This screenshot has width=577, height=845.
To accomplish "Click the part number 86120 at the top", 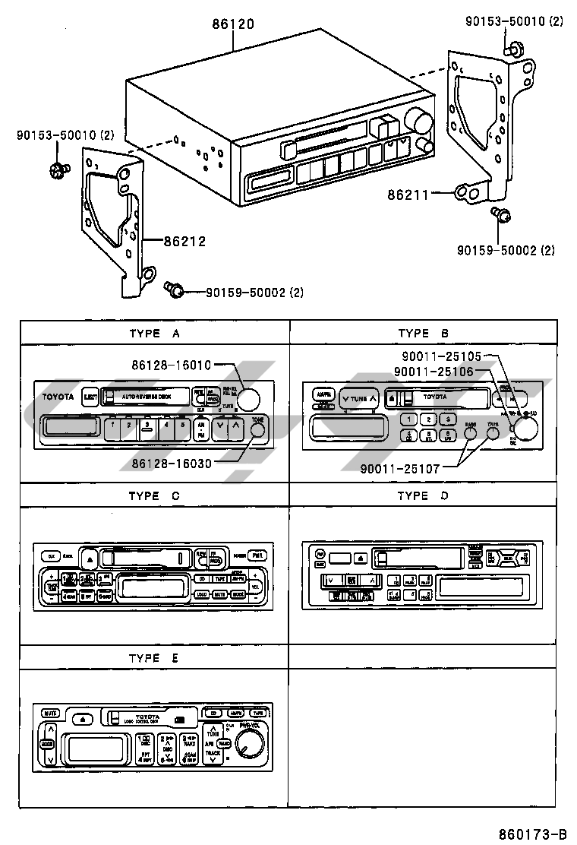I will [233, 24].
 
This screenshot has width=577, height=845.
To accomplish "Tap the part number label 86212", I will [184, 242].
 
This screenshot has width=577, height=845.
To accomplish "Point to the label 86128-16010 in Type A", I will [171, 366].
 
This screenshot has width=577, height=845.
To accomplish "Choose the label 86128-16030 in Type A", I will [171, 462].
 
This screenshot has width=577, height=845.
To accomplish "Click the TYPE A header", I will [154, 333].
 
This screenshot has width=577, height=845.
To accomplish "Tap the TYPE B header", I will [423, 333].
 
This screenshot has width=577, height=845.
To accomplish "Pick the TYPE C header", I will [154, 495].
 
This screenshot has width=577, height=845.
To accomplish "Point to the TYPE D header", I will [423, 495].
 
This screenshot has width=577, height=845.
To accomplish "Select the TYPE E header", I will [154, 658].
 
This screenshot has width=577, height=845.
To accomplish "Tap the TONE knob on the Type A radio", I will [258, 430].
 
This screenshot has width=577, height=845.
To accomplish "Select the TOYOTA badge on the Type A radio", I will [58, 397].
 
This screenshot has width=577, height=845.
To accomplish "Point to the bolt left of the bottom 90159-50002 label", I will [173, 289].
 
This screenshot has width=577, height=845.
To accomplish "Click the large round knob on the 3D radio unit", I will [416, 119].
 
